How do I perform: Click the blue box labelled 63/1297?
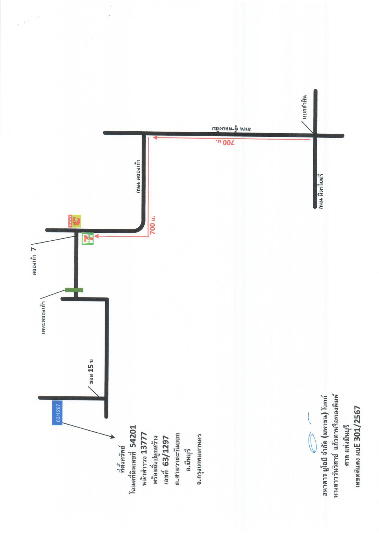tap(57, 412)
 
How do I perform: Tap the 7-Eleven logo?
tap(88, 239)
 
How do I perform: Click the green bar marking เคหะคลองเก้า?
tap(74, 290)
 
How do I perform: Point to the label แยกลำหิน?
tap(304, 107)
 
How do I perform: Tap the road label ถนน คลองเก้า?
tap(138, 176)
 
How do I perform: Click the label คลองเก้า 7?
tap(34, 261)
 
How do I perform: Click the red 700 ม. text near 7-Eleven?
tap(153, 225)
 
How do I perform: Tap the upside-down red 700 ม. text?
tap(225, 143)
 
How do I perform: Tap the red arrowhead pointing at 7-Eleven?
tap(96, 236)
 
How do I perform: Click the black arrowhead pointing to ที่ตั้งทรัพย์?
tap(112, 437)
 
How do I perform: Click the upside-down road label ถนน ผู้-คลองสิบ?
tap(232, 129)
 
